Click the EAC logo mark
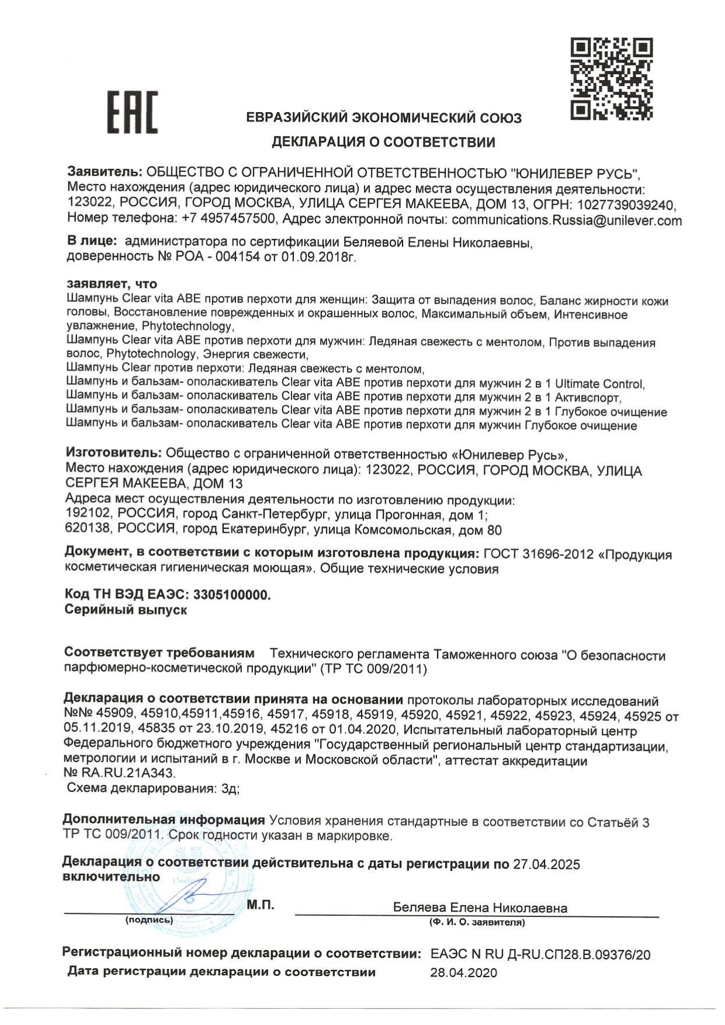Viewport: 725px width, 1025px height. (132, 112)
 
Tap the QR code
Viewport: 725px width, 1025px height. (611, 79)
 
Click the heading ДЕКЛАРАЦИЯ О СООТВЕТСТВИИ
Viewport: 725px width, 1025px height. (383, 142)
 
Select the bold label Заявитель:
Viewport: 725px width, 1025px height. (105, 172)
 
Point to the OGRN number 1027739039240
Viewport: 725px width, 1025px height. (626, 205)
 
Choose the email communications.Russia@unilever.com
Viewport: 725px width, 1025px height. (566, 220)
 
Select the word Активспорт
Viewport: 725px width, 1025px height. (587, 398)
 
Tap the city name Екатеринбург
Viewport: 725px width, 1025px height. (264, 530)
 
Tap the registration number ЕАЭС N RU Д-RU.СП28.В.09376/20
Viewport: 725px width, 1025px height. (540, 955)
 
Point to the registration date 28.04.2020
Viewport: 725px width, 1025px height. (464, 973)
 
